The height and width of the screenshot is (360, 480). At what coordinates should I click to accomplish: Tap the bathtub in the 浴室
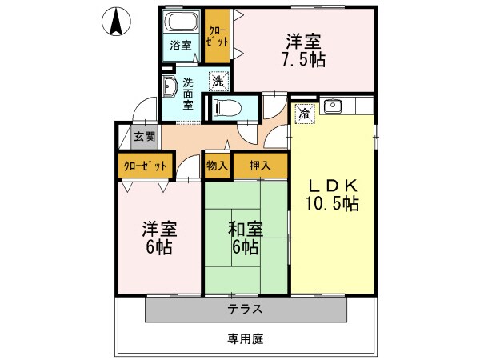coord(181,21)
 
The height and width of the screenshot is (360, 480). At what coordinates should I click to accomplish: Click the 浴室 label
coord(181,46)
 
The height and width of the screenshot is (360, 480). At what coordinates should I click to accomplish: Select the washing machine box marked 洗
coord(217,80)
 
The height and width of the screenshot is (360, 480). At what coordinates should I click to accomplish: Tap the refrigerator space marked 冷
coord(305,114)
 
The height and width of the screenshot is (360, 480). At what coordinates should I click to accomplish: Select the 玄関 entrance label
coord(145,136)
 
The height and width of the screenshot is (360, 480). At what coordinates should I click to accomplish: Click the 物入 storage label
coord(218,166)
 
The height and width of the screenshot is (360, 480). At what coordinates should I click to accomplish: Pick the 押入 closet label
coord(260,166)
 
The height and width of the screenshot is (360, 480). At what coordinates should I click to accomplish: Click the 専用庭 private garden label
coord(245,338)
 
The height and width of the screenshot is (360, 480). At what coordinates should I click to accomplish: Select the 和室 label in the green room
coord(244,229)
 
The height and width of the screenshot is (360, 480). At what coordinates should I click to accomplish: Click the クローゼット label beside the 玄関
coord(146,166)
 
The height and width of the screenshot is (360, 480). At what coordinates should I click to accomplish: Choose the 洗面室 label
coord(189,93)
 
